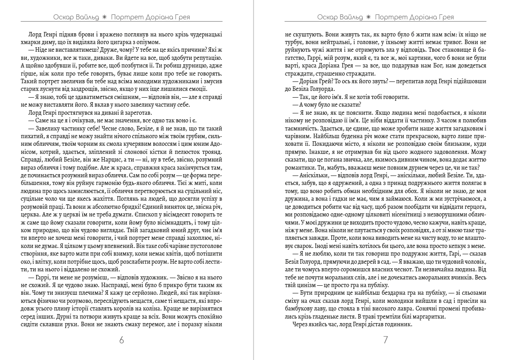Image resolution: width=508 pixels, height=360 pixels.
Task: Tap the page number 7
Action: [x=385, y=340]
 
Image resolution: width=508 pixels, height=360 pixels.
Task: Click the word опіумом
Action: [x=134, y=42]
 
